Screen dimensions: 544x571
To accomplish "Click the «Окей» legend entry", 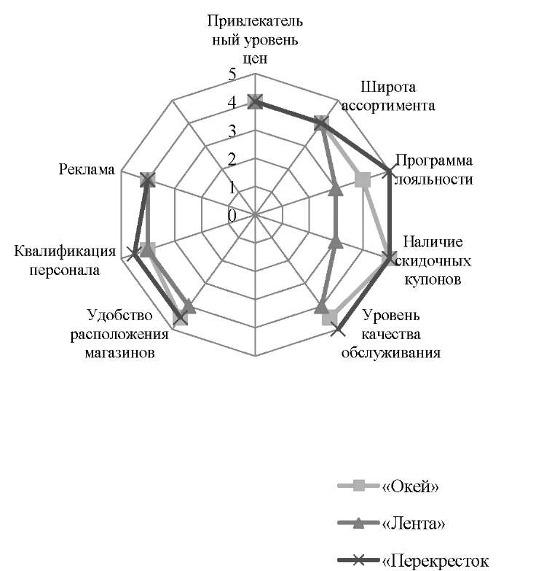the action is (388, 486).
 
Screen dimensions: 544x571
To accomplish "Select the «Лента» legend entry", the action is (392, 524).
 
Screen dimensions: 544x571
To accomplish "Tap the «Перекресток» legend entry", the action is (414, 560).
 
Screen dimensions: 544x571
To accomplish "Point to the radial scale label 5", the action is (232, 74).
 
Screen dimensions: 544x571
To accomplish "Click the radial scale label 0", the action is (232, 216).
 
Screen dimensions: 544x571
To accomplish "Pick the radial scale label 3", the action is (232, 131).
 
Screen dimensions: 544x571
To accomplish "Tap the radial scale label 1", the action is (232, 187).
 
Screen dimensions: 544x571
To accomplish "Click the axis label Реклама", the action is (87, 169).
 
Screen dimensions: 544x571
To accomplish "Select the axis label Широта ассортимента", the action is (388, 96).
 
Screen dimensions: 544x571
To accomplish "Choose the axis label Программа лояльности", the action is (434, 170).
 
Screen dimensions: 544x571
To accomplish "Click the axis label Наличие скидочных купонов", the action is (433, 261).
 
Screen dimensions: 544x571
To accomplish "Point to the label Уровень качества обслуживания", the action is (391, 334).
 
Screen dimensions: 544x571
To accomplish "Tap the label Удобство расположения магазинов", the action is (119, 334).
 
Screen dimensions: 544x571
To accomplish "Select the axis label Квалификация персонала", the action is (65, 261).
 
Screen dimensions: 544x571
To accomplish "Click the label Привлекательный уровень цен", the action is (255, 39).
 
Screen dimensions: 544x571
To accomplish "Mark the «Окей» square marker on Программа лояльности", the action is (362, 180).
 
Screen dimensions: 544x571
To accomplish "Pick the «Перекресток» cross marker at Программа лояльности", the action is (389, 171).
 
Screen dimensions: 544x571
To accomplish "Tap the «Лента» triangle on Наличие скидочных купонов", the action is (335, 242).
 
